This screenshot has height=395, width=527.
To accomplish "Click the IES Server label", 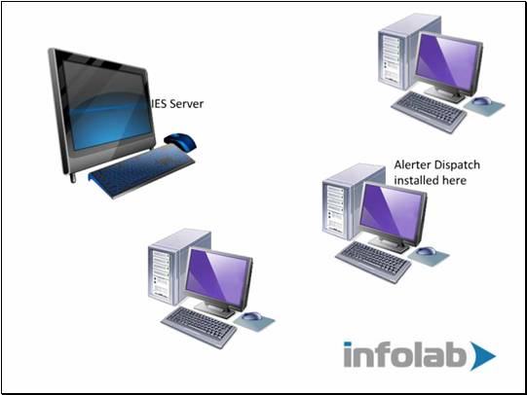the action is click(176, 104).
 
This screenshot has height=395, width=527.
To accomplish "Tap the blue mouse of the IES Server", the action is click(180, 142).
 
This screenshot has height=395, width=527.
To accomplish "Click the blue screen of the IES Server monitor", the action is click(107, 106).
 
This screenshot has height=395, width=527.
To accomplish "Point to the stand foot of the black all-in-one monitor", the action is click(73, 178).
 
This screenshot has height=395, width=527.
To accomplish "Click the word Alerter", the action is click(413, 164).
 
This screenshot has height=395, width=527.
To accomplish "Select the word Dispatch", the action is click(458, 165).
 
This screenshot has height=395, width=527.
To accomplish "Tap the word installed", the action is click(416, 180).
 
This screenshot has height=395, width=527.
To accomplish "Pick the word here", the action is click(454, 181).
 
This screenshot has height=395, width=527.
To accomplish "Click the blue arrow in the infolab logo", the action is click(480, 356).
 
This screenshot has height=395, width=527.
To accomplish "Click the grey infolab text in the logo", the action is click(404, 354).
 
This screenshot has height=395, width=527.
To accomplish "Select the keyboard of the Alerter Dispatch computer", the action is click(373, 262).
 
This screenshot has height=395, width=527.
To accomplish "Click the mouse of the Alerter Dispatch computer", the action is click(426, 251).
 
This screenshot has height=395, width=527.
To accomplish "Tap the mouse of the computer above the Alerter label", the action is click(481, 100).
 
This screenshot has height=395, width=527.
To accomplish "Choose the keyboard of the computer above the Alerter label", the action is click(429, 112).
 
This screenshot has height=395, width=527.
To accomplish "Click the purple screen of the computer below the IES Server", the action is click(218, 277).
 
